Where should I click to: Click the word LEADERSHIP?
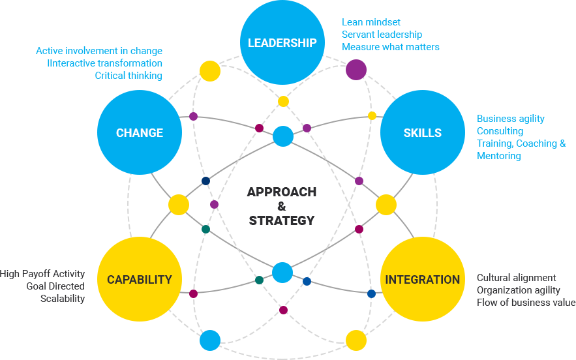click(282, 43)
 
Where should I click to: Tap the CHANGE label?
click(140, 133)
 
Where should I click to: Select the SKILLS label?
click(422, 133)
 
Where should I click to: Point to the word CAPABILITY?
click(140, 280)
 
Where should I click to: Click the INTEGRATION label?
click(422, 280)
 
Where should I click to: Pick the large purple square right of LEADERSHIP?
click(356, 69)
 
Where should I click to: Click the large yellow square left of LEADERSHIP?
click(209, 70)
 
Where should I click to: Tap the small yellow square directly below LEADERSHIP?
click(282, 101)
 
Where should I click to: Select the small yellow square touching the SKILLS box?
click(372, 116)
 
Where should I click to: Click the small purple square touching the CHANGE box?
click(193, 116)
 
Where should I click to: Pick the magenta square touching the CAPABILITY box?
click(193, 293)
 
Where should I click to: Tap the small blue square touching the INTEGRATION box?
click(371, 293)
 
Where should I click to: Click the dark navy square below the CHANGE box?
click(205, 181)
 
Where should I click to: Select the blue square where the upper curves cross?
click(282, 136)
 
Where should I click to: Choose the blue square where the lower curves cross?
click(282, 272)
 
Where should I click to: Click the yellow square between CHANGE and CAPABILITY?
click(178, 204)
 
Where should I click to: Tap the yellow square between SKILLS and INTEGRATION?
click(386, 204)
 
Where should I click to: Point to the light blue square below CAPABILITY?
click(209, 340)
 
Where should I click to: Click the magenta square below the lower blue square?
click(282, 310)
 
